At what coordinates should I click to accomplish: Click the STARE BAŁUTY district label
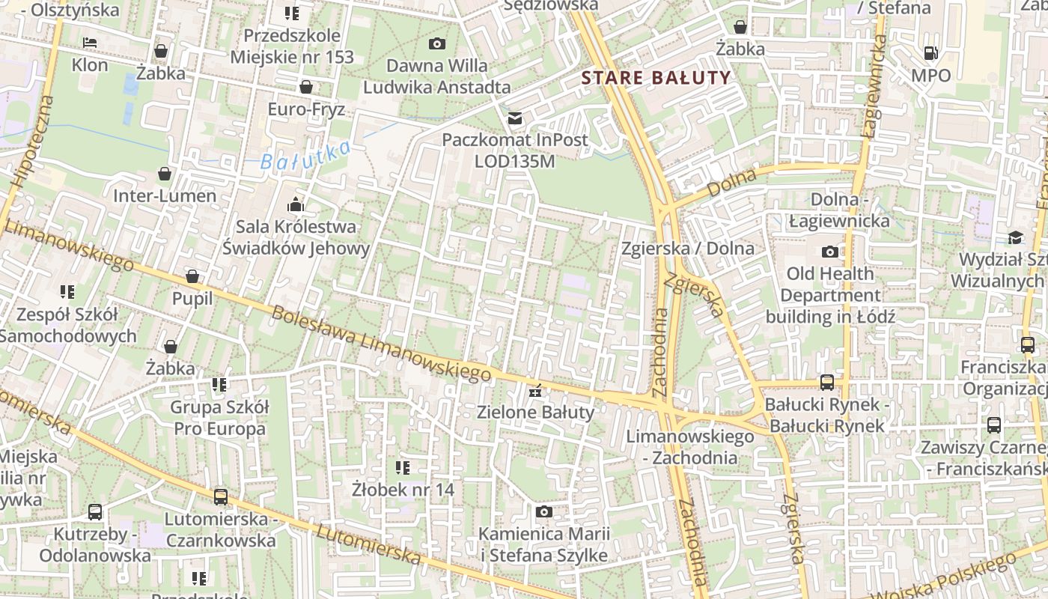[656, 77]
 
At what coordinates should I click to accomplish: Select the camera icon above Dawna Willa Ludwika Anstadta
[437, 44]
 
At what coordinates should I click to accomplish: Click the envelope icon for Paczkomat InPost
[515, 118]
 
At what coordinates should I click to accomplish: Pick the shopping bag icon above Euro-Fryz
[305, 88]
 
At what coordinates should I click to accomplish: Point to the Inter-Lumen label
[165, 196]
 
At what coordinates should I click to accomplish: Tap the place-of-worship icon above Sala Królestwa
[296, 204]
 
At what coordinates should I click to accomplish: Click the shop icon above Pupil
[192, 276]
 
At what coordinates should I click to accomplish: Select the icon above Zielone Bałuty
[535, 390]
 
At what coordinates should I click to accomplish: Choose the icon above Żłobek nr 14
[403, 468]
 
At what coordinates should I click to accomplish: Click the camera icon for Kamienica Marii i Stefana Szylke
[544, 512]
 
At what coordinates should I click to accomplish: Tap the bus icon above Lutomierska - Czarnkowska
[220, 496]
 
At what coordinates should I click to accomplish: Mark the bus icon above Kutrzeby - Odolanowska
[95, 512]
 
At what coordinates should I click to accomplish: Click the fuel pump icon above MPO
[931, 53]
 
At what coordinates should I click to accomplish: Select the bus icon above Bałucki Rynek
[827, 383]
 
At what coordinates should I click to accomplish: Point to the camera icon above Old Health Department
[829, 252]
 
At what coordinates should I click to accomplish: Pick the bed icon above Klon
[90, 43]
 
